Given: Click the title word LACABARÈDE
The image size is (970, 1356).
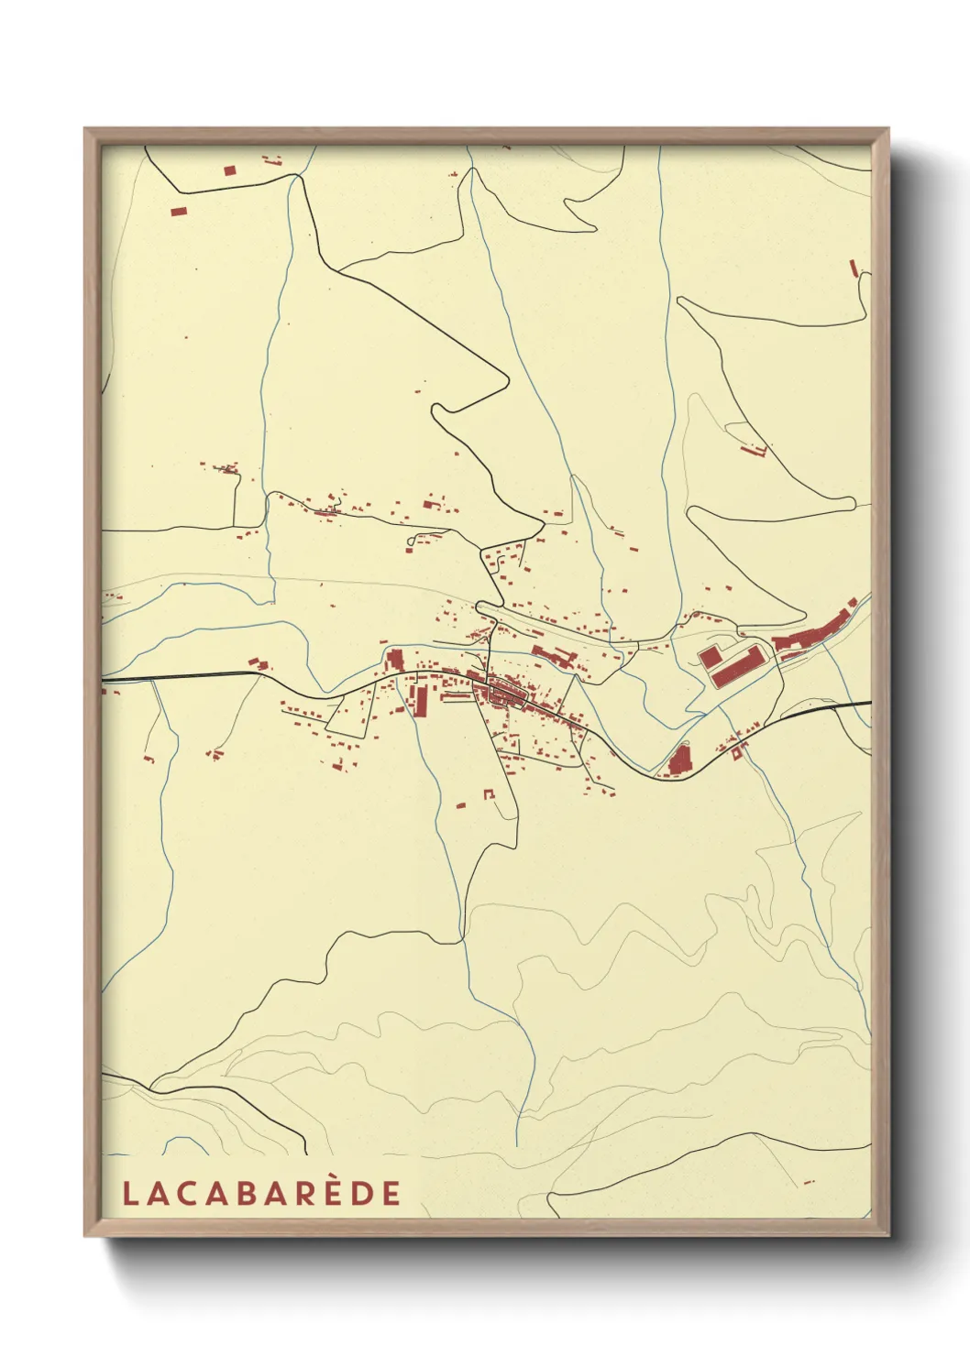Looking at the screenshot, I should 261,1193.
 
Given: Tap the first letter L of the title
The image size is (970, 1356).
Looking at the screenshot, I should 128,1193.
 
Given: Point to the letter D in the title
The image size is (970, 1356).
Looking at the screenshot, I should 364,1193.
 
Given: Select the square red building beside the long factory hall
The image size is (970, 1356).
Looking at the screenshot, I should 709,656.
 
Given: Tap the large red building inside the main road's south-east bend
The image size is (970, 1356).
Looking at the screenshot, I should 678,760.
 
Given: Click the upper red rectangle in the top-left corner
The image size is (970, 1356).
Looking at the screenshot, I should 229,170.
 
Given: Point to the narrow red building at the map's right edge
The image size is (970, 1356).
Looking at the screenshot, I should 854,268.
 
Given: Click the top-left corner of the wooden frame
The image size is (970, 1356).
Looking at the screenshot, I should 85,129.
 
